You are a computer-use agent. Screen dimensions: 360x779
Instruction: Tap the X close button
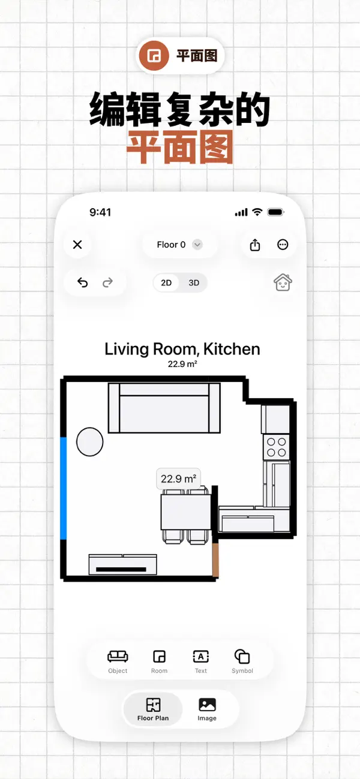click(x=77, y=245)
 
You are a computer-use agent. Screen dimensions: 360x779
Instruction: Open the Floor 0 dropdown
click(x=180, y=245)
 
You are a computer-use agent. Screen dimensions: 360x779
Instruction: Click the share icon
click(x=255, y=245)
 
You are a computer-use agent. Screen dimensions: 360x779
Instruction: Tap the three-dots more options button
click(x=283, y=245)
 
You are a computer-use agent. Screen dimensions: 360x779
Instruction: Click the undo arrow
click(x=82, y=282)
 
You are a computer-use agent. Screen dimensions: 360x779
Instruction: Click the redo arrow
click(x=108, y=282)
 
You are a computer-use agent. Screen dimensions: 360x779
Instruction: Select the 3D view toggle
click(x=194, y=282)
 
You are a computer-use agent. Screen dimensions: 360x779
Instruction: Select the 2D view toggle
click(x=166, y=282)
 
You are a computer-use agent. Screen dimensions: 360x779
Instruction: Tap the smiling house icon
click(x=283, y=282)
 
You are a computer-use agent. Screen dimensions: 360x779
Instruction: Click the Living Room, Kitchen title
click(x=182, y=349)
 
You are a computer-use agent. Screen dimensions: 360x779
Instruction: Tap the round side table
click(x=90, y=441)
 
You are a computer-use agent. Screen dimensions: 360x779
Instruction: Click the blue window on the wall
click(x=64, y=489)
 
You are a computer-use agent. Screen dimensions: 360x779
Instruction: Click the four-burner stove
click(x=277, y=447)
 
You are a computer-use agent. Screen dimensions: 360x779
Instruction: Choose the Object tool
click(x=118, y=662)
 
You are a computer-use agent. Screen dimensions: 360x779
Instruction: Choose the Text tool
click(x=200, y=662)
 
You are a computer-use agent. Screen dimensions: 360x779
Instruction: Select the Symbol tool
click(x=242, y=662)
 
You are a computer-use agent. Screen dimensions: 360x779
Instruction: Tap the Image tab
click(x=207, y=709)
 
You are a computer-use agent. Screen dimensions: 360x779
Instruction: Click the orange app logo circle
click(x=154, y=56)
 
